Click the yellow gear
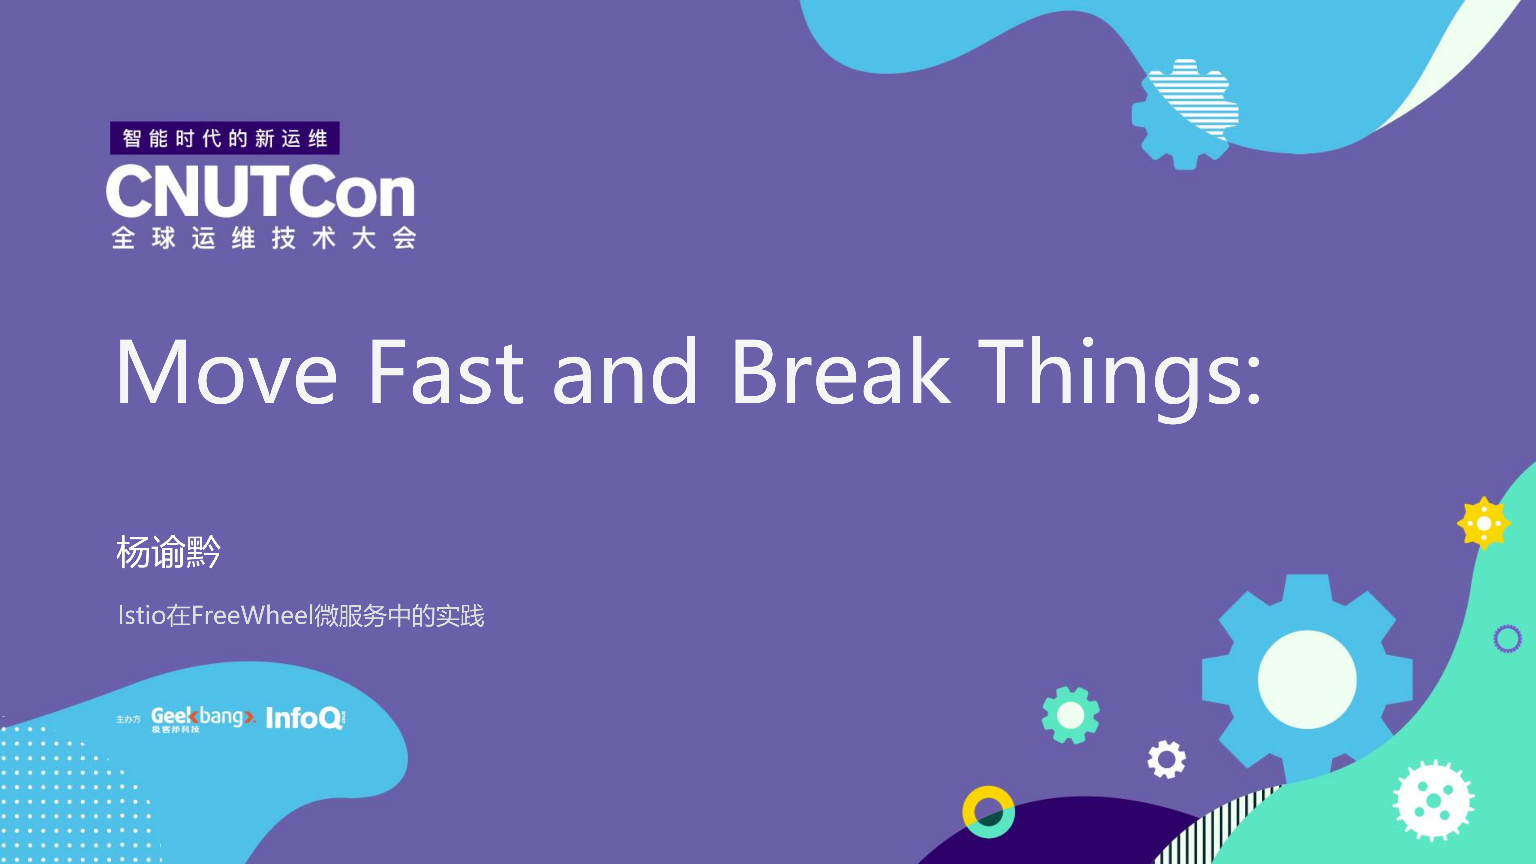click(x=1483, y=523)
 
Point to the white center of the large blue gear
click(x=1307, y=679)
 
